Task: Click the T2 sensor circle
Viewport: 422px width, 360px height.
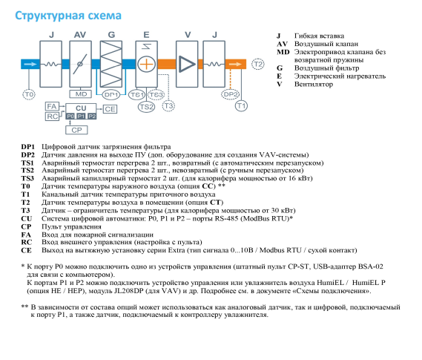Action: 258,65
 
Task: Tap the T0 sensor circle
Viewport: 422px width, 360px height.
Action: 29,94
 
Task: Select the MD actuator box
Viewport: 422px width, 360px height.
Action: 81,94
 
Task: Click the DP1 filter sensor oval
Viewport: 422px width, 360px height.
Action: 111,94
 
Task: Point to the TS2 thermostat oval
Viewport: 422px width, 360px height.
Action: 146,107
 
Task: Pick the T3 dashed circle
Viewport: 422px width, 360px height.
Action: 168,106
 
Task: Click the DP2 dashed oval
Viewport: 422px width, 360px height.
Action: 230,94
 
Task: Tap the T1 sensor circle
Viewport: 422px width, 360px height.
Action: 241,106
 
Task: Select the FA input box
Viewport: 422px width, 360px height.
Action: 52,106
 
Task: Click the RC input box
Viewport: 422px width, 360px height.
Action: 52,117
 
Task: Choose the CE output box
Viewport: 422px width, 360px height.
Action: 110,109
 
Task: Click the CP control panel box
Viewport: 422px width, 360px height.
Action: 76,130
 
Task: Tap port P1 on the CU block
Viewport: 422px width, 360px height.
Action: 81,116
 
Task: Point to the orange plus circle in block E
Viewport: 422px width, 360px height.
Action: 146,64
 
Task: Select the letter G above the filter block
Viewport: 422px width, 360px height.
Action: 111,35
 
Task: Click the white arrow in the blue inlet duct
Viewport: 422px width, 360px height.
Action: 30,64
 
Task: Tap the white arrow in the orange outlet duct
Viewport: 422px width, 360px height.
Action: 235,64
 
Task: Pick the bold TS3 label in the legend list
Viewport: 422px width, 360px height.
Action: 27,178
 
